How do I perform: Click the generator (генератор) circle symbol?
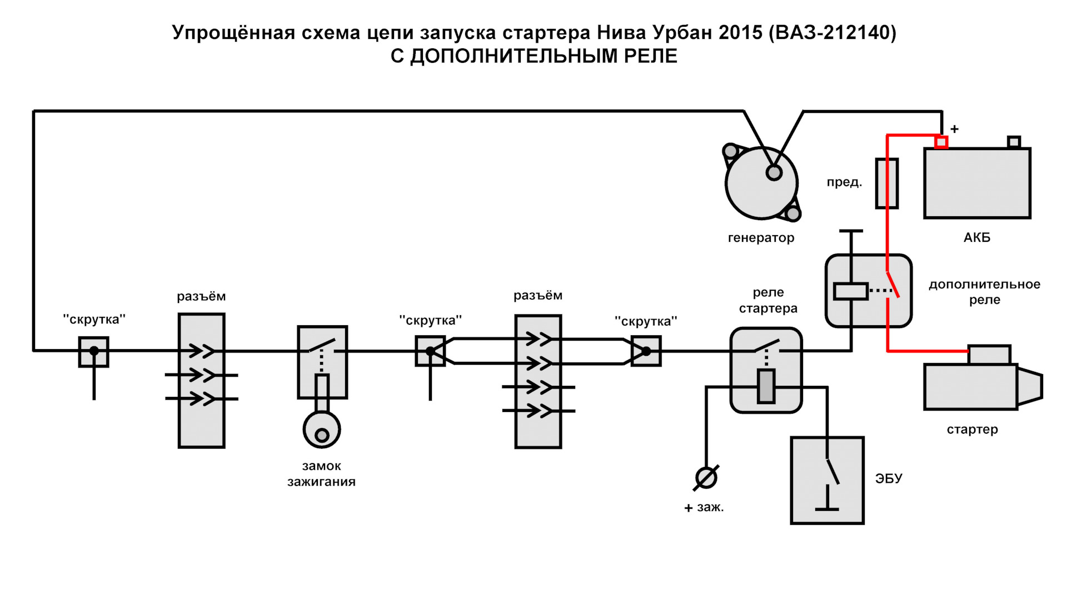pos(761,183)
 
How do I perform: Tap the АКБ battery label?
pos(976,237)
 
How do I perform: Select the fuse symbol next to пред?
pos(886,183)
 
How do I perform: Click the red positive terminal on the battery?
pos(941,142)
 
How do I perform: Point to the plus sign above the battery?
pos(954,129)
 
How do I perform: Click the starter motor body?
pos(970,387)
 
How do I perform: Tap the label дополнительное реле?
pos(984,292)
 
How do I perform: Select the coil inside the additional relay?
pos(850,291)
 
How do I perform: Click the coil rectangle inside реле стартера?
pos(766,386)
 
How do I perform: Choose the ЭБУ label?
pos(888,478)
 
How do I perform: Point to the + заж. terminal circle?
pos(706,478)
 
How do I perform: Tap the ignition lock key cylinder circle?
pos(322,430)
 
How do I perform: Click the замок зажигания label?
pos(321,474)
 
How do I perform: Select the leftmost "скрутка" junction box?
pos(93,351)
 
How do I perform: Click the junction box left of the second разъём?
pos(430,351)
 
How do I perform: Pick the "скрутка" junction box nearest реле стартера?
pos(646,351)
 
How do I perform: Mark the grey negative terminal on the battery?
pos(1014,142)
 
